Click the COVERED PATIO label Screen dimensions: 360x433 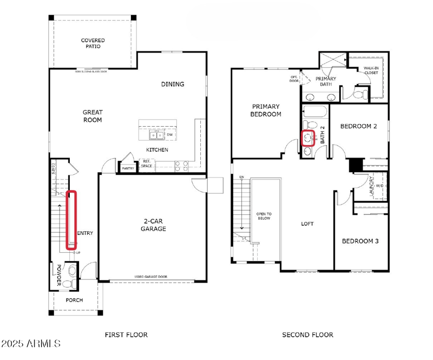[93, 43]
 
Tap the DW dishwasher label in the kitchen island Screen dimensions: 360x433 [169, 135]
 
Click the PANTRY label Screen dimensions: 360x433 [128, 168]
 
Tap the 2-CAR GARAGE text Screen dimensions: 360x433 [154, 225]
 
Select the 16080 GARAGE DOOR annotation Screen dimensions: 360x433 [150, 277]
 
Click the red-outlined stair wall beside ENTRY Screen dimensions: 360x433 [71, 220]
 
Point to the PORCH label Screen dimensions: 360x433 [74, 300]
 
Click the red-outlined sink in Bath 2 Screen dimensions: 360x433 [309, 139]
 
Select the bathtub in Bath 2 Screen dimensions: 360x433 [314, 112]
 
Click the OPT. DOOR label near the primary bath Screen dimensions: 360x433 [294, 79]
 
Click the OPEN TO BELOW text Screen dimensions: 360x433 [264, 216]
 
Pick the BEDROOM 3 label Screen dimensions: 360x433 [360, 241]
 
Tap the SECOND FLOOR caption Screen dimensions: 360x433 [307, 335]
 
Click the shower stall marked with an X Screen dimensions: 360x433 [333, 60]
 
